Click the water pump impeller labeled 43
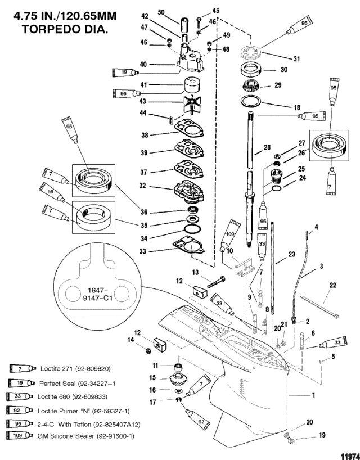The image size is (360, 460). (x=192, y=105)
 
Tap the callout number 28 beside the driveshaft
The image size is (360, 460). (x=267, y=147)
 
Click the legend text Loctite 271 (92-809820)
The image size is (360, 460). (x=75, y=369)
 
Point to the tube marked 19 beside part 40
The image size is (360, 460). (x=125, y=72)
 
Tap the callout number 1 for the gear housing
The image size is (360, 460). (x=313, y=395)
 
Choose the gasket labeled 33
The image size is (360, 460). (x=189, y=246)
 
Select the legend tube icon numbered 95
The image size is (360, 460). (x=19, y=423)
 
